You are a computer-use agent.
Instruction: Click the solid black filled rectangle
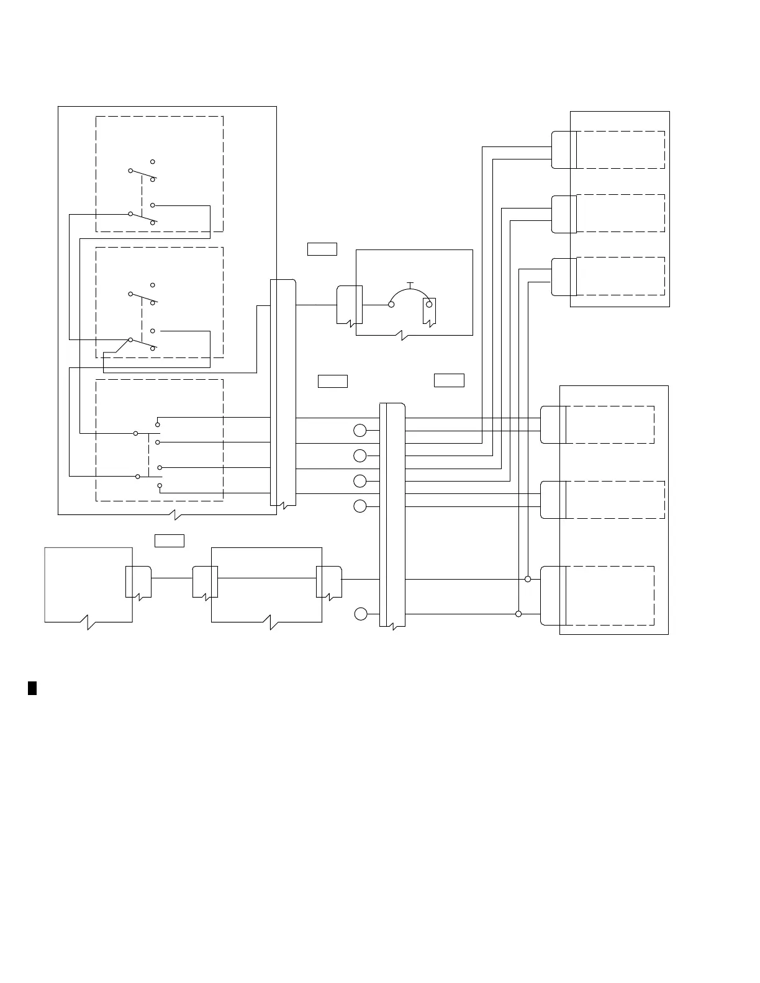32,688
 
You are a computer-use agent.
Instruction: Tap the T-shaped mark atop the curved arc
410,284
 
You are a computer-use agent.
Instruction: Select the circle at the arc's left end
391,304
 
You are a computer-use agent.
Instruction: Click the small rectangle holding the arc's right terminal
429,311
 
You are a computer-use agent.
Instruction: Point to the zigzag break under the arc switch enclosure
403,336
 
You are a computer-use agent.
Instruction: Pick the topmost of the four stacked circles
360,431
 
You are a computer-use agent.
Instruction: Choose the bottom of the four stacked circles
360,506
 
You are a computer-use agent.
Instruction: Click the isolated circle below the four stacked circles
361,614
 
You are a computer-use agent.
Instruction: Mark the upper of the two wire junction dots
528,579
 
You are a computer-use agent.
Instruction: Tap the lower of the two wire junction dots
518,614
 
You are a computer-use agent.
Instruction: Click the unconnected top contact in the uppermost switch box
153,161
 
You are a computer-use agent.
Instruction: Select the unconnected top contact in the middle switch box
153,285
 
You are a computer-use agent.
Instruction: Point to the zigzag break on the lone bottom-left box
88,622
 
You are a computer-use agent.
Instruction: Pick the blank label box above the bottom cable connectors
169,541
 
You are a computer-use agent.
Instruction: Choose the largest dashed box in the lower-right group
610,595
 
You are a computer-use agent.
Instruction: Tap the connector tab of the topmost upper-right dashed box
563,150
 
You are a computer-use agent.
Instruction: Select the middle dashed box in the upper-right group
620,213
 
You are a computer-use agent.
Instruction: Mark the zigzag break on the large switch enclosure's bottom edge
176,514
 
